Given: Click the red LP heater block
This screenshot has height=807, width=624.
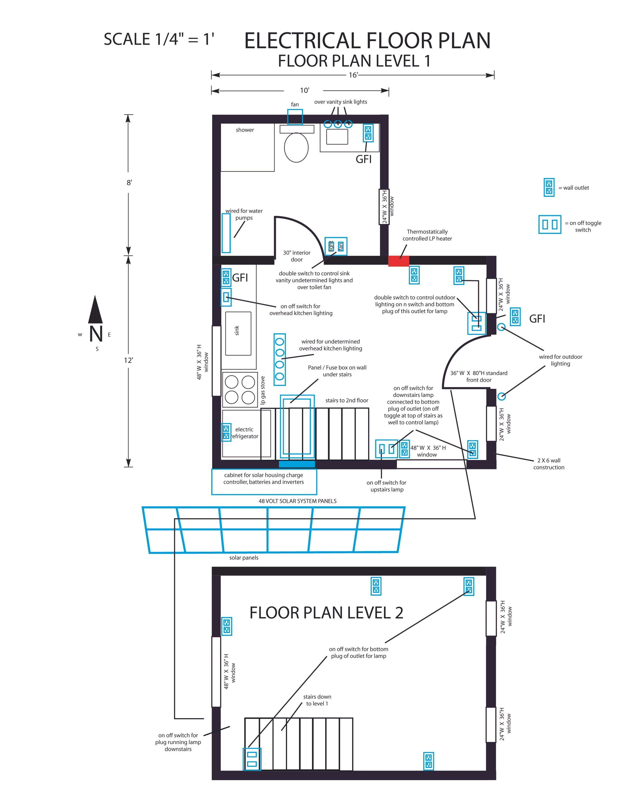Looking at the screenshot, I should point(399,261).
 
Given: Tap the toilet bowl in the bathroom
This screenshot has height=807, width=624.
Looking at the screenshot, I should point(296,147).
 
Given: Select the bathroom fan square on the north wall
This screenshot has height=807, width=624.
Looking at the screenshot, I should point(295,117).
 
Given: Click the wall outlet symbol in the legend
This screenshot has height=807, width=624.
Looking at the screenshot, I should point(549,187).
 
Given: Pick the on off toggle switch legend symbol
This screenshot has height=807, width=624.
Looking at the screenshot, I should point(549,224).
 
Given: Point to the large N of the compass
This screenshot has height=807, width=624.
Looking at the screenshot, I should point(96,334).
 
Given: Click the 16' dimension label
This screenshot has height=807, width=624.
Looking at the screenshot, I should point(353,75).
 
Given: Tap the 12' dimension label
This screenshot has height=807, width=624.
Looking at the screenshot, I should point(128,360).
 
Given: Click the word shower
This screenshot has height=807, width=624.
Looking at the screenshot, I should point(245,130).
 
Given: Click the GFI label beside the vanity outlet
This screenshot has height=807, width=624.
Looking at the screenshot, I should point(363,159).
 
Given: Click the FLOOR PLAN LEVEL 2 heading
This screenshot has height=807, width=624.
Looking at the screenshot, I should point(326,613).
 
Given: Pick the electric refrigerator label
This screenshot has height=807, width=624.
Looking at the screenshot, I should point(245,433).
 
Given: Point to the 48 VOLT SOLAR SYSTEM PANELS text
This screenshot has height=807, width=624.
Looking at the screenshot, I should point(297,501).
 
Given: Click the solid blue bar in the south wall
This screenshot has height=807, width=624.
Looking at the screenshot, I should point(297,464).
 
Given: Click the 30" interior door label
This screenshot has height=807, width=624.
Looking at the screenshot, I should point(297,256).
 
